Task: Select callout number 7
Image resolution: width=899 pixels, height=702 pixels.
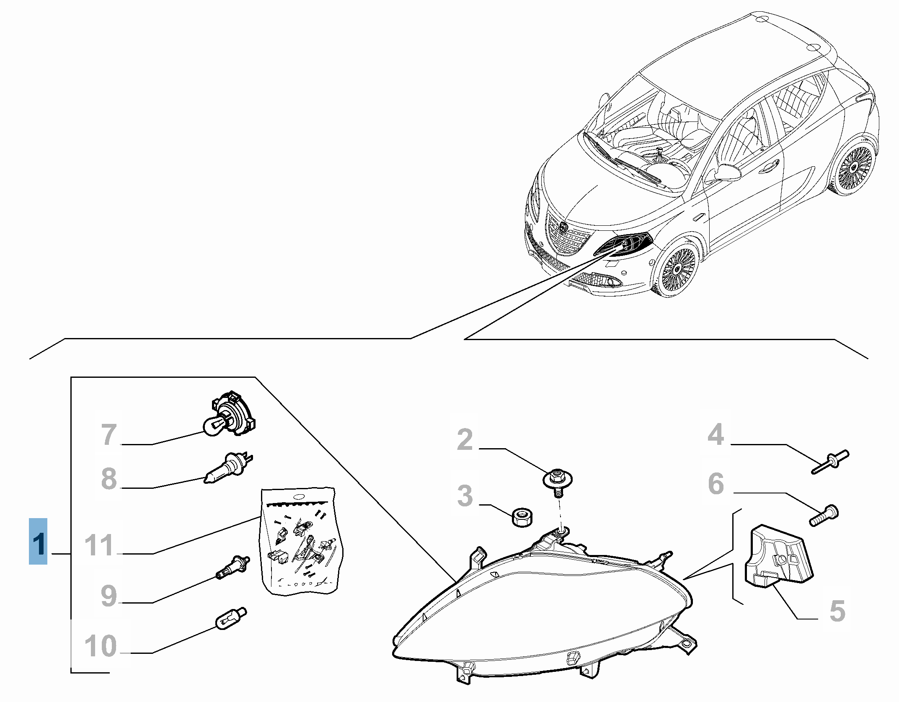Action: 109,434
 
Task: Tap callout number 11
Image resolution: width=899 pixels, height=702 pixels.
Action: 99,545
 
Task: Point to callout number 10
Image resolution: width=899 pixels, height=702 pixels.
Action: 101,645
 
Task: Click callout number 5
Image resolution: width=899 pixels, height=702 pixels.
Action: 837,611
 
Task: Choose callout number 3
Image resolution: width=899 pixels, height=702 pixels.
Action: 465,496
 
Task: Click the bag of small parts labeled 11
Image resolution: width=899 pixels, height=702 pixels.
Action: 300,540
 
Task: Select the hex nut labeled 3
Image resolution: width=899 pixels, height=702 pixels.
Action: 522,517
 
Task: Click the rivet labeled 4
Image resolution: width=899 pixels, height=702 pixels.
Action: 830,462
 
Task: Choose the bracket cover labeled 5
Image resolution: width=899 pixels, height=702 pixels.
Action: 778,556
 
